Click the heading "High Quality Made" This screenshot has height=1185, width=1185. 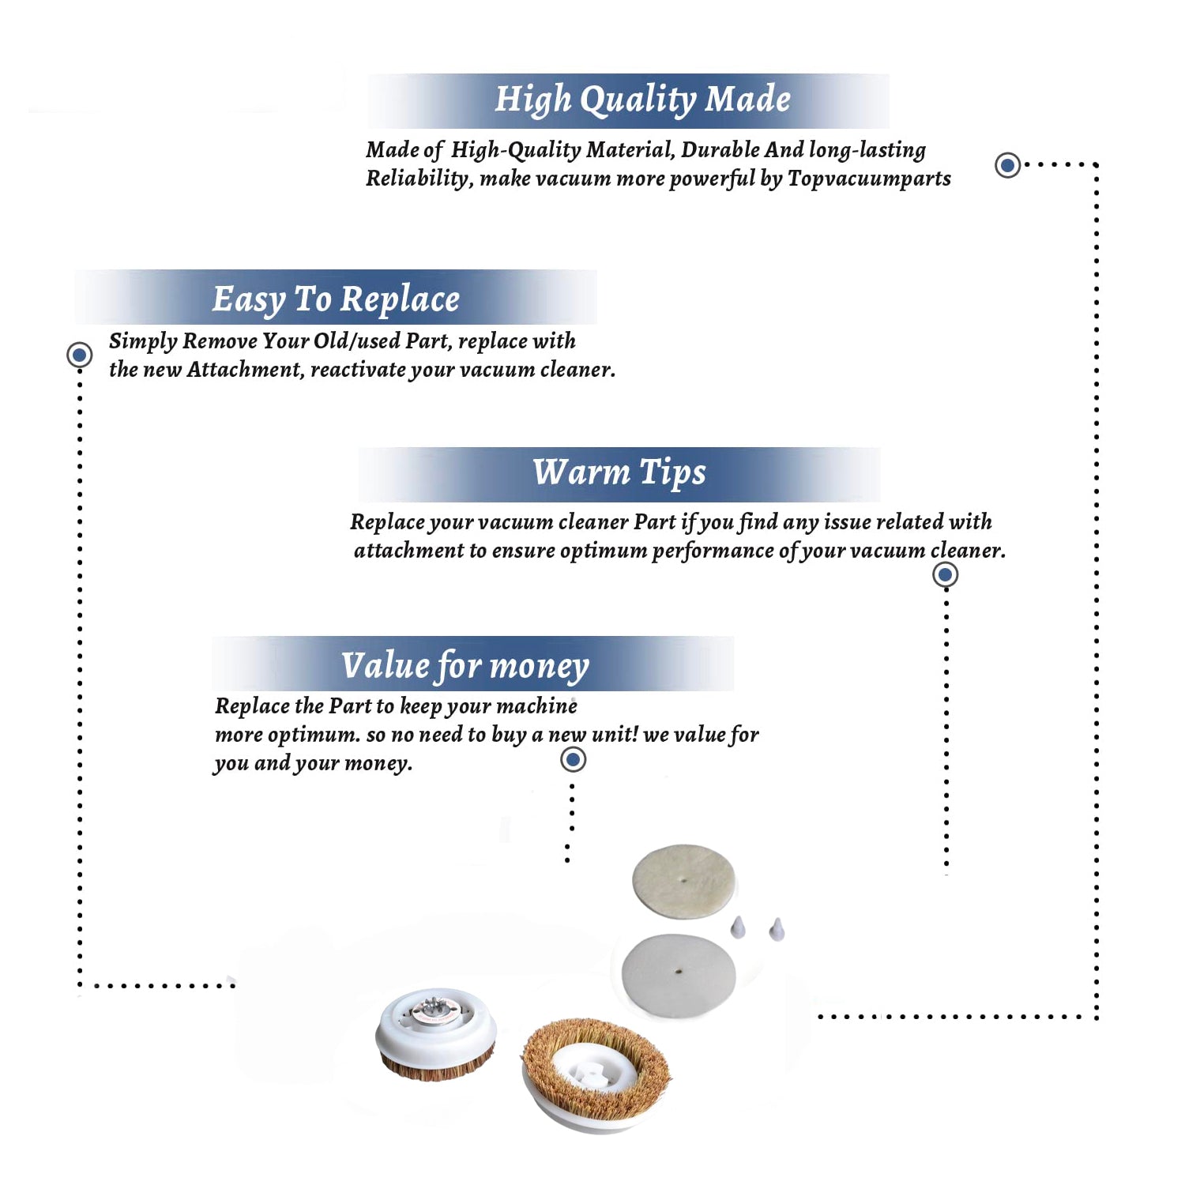click(642, 100)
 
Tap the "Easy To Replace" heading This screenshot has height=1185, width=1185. click(336, 299)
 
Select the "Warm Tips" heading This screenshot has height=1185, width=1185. click(619, 473)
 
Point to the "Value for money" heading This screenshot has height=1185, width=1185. click(465, 666)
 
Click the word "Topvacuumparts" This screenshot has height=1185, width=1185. click(869, 179)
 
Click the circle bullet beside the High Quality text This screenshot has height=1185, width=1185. click(1007, 165)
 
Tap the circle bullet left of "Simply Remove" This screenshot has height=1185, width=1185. click(79, 355)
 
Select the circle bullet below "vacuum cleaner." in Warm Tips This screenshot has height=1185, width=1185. click(945, 574)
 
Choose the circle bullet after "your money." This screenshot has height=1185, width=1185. click(573, 760)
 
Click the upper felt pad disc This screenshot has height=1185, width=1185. click(684, 882)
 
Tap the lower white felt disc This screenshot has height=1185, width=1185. click(679, 975)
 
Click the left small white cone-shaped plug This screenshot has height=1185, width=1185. click(738, 927)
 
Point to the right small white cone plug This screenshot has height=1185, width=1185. click(777, 929)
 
